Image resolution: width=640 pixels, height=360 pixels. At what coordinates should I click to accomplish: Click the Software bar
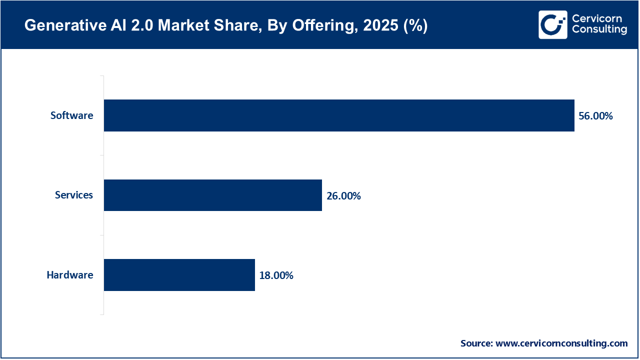pyautogui.click(x=339, y=115)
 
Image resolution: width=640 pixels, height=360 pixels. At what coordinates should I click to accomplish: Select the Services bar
pyautogui.click(x=212, y=195)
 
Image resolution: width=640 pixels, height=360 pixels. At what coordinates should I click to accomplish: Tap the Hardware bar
pyautogui.click(x=179, y=275)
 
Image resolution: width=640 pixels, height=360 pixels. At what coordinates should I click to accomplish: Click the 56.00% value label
pyautogui.click(x=595, y=116)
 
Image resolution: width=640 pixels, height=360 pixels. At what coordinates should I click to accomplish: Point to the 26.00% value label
pyautogui.click(x=343, y=196)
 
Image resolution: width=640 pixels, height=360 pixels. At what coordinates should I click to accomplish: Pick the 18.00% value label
pyautogui.click(x=276, y=275)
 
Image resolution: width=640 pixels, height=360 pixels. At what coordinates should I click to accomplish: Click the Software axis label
pyautogui.click(x=71, y=115)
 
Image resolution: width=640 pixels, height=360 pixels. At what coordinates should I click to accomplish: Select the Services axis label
pyautogui.click(x=74, y=195)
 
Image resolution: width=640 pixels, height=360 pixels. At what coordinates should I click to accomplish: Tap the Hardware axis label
pyautogui.click(x=70, y=275)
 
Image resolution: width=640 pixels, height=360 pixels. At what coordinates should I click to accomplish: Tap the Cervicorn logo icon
pyautogui.click(x=552, y=24)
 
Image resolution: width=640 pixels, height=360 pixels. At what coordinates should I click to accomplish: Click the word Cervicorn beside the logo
pyautogui.click(x=596, y=19)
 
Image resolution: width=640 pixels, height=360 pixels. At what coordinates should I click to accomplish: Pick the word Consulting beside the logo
pyautogui.click(x=599, y=30)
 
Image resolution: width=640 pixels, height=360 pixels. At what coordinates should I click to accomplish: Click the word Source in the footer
pyautogui.click(x=476, y=343)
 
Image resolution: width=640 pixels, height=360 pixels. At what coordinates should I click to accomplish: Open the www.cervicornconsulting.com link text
pyautogui.click(x=561, y=343)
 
